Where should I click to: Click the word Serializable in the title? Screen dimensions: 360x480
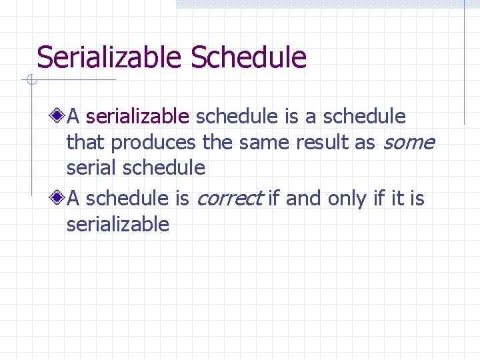point(110,58)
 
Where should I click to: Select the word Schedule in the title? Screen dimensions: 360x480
point(249,58)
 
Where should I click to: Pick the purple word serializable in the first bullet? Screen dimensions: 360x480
point(138,117)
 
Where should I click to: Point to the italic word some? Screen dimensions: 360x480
point(408,143)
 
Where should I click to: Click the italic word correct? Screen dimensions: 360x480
point(229,199)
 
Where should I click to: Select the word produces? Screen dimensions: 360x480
point(153,143)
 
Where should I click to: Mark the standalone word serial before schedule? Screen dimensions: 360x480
point(92,168)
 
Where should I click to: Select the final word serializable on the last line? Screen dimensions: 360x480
point(118,224)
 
